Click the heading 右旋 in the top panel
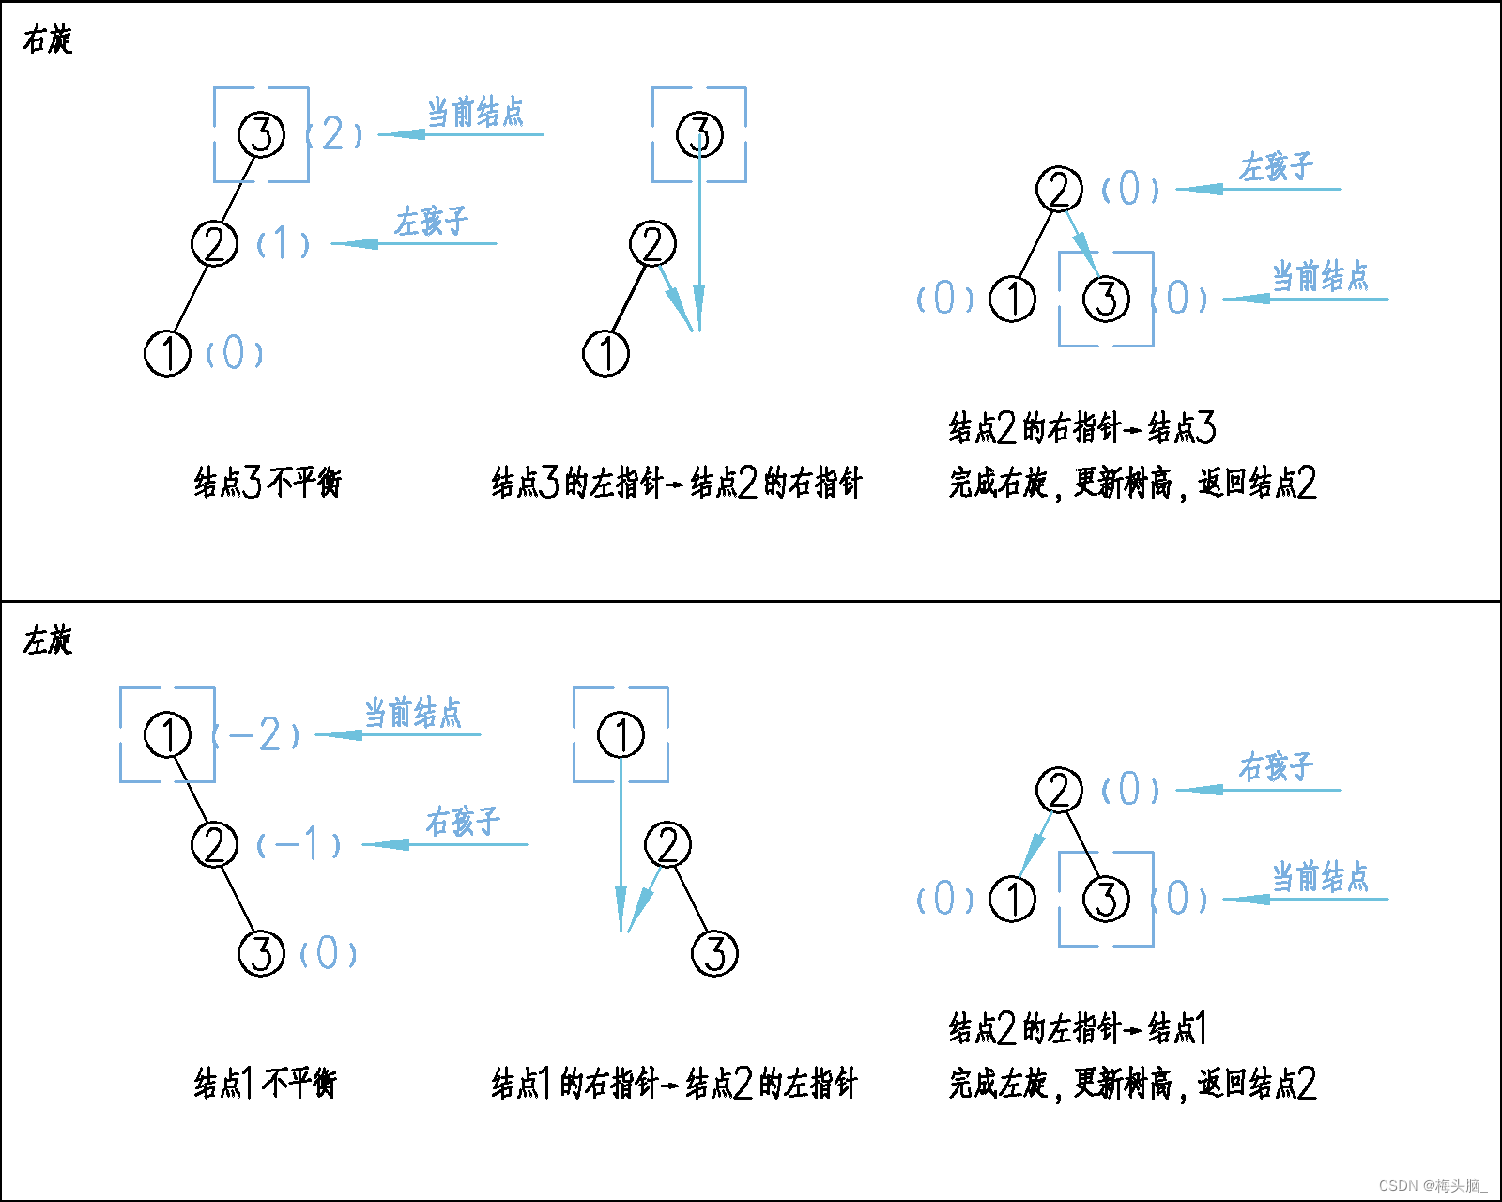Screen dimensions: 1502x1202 pyautogui.click(x=47, y=40)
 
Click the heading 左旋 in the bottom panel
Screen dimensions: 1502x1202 pyautogui.click(x=47, y=640)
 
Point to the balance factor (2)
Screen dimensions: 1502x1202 pyautogui.click(x=334, y=134)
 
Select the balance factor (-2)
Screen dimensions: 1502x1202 pyautogui.click(x=256, y=734)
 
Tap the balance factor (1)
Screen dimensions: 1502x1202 pyautogui.click(x=283, y=244)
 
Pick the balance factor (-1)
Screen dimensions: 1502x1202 pyautogui.click(x=299, y=844)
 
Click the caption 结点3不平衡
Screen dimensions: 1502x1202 pyautogui.click(x=268, y=483)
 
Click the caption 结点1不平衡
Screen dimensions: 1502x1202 pyautogui.click(x=265, y=1084)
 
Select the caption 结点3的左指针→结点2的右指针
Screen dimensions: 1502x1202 pyautogui.click(x=676, y=483)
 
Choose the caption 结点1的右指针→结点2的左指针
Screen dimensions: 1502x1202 pyautogui.click(x=674, y=1084)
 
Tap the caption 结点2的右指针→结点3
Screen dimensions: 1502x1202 pyautogui.click(x=1081, y=428)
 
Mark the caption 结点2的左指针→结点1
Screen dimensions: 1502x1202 pyautogui.click(x=1077, y=1029)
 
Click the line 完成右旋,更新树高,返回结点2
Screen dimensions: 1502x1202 pyautogui.click(x=1132, y=483)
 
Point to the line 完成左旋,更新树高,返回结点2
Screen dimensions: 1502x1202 pyautogui.click(x=1132, y=1084)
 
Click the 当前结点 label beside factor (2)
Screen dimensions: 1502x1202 pyautogui.click(x=475, y=113)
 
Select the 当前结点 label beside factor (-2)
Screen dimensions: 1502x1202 pyautogui.click(x=413, y=713)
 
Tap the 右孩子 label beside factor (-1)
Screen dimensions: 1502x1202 pyautogui.click(x=463, y=822)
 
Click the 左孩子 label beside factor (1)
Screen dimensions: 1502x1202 pyautogui.click(x=431, y=222)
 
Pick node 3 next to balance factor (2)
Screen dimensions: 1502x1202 pyautogui.click(x=261, y=134)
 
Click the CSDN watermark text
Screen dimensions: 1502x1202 pyautogui.click(x=1433, y=1185)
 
